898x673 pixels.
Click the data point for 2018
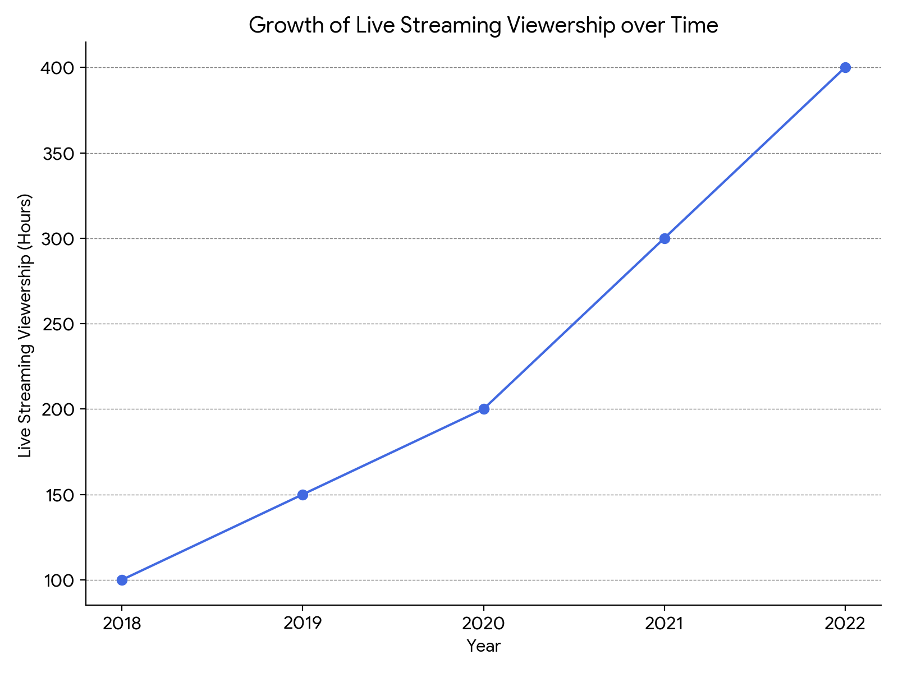click(x=122, y=580)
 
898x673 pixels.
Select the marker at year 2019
click(x=303, y=495)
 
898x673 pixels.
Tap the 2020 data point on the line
click(x=484, y=409)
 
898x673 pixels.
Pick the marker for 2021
click(x=665, y=238)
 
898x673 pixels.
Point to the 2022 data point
click(x=845, y=67)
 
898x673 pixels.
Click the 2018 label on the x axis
click(x=122, y=624)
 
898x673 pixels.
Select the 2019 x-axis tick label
click(x=303, y=624)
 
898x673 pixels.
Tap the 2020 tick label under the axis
click(x=484, y=624)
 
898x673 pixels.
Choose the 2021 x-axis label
click(x=665, y=624)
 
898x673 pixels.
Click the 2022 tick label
click(x=845, y=624)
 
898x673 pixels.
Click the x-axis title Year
click(x=484, y=647)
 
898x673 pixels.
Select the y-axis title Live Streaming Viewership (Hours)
click(x=25, y=325)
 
